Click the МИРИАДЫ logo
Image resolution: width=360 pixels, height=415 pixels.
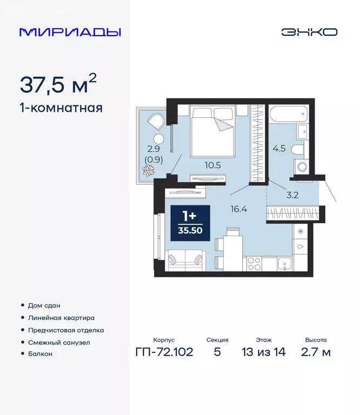pyautogui.click(x=70, y=32)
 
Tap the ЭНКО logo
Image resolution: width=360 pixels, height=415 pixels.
pyautogui.click(x=309, y=32)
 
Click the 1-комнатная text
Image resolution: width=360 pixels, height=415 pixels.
pyautogui.click(x=61, y=108)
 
